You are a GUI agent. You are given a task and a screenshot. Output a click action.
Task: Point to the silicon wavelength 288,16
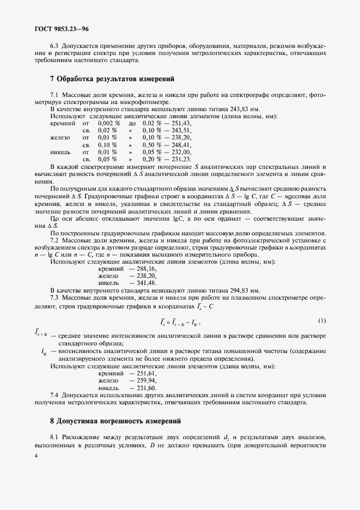pyautogui.click(x=145, y=269)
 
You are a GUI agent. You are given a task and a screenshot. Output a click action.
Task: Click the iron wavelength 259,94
pyautogui.click(x=145, y=381)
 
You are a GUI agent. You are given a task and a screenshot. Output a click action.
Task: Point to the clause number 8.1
pyautogui.click(x=54, y=438)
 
